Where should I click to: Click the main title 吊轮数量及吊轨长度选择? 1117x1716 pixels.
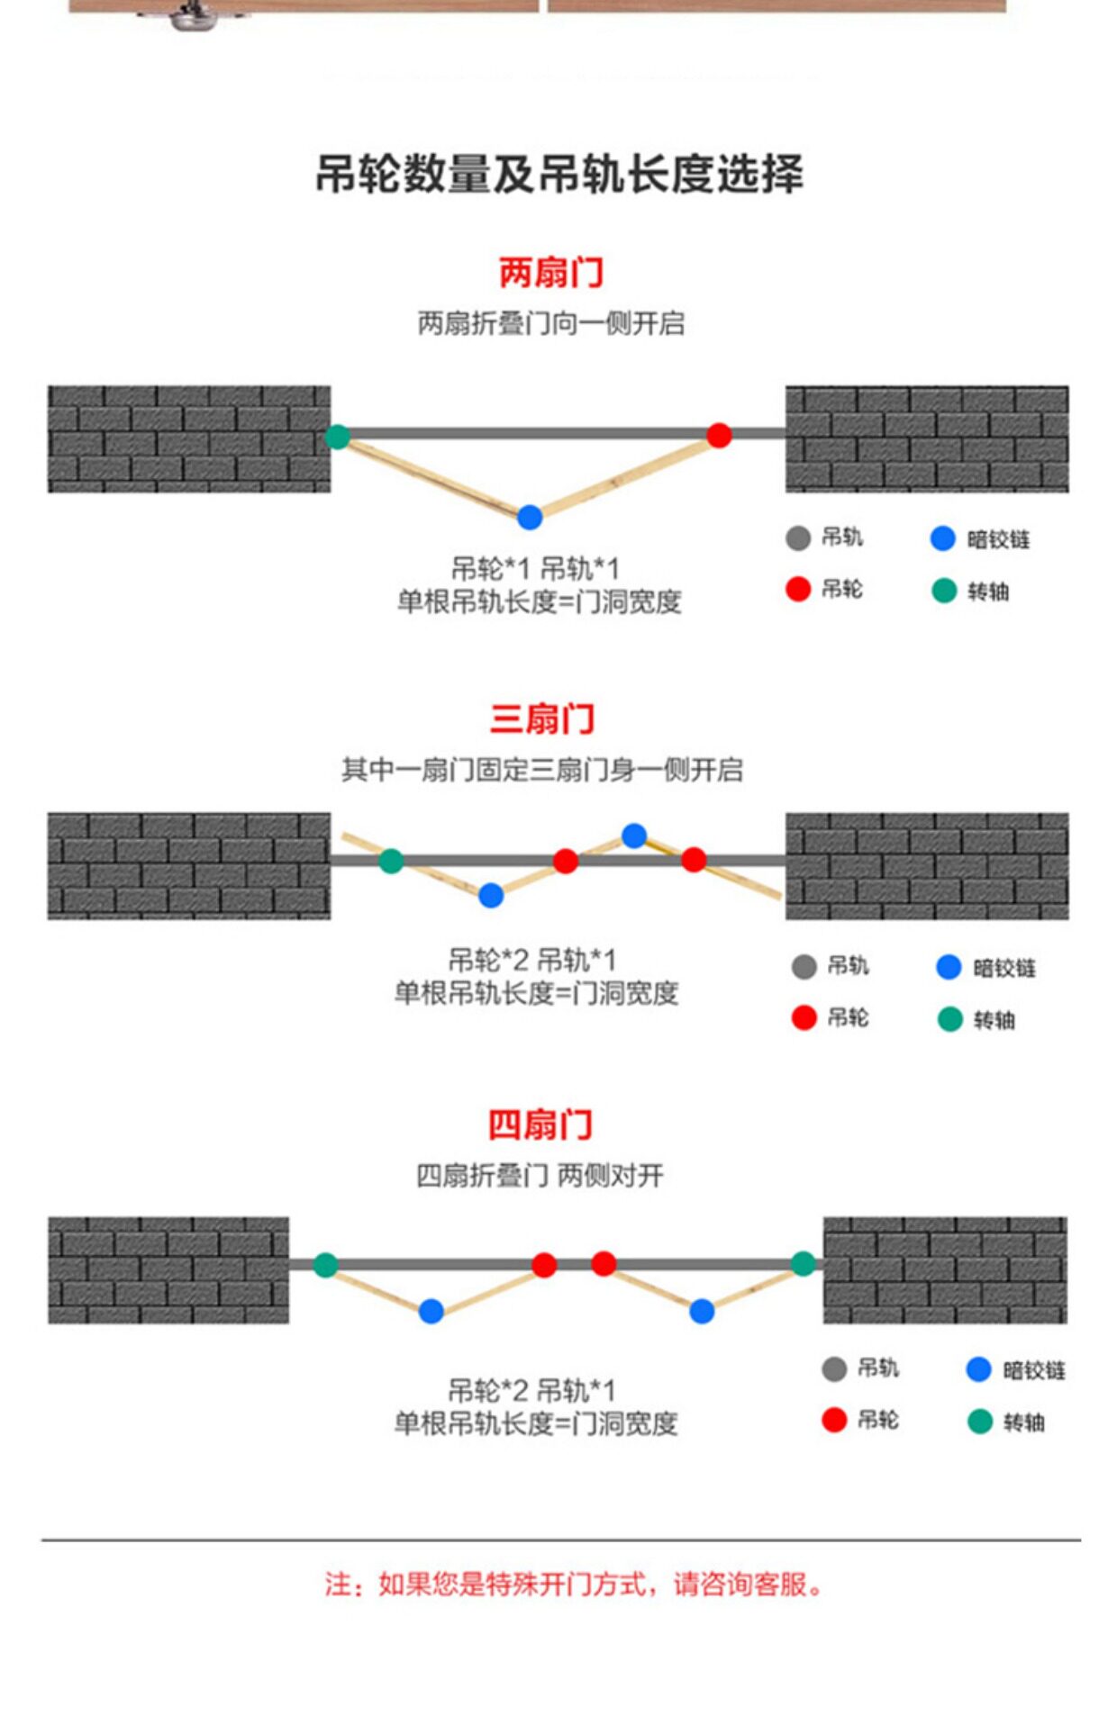coord(558,174)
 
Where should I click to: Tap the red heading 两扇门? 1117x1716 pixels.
coord(551,272)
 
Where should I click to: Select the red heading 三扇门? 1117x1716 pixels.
coord(542,718)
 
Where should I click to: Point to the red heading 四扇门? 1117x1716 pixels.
coord(540,1124)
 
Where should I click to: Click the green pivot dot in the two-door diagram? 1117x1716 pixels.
coord(337,437)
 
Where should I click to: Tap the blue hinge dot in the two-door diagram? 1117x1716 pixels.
coord(530,517)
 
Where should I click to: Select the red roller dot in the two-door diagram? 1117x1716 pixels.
coord(719,436)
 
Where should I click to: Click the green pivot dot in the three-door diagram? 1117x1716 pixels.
coord(391,861)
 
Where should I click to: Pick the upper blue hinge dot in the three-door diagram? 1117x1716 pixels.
coord(634,835)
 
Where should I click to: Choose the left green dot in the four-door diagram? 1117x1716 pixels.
coord(325,1265)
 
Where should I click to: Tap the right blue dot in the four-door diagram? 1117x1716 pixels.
coord(702,1312)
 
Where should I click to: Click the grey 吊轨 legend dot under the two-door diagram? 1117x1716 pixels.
coord(798,538)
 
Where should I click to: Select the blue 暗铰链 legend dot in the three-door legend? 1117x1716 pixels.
coord(949,967)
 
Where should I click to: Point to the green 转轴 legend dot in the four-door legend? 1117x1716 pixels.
coord(979,1422)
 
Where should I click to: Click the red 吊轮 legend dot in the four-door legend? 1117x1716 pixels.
coord(834,1420)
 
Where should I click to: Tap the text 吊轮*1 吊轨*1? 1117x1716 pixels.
coord(535,569)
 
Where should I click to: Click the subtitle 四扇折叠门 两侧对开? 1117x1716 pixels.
coord(540,1175)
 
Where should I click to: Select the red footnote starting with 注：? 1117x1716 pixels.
coord(575,1584)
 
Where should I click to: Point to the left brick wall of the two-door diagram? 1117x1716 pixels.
coord(189,439)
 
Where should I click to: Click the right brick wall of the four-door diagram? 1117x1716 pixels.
coord(945,1270)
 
